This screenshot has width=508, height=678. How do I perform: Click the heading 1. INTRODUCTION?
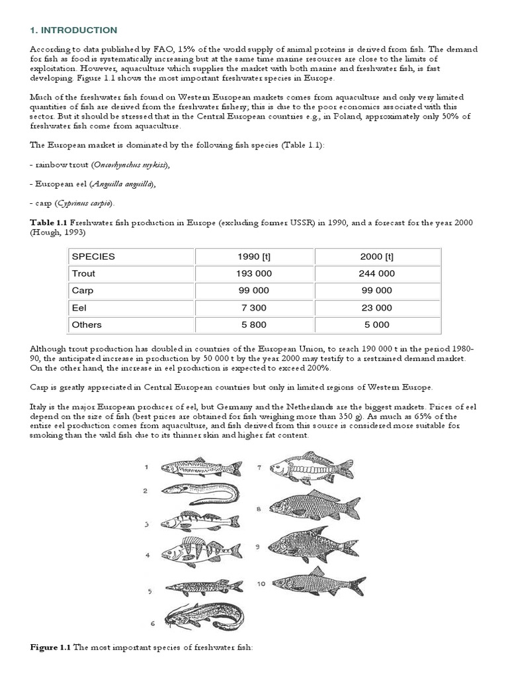tap(73, 30)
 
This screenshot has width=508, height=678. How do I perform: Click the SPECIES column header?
tap(93, 256)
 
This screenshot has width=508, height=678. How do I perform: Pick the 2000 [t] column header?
tap(376, 256)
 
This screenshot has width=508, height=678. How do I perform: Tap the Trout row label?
tap(83, 273)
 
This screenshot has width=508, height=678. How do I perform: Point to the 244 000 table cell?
tap(376, 273)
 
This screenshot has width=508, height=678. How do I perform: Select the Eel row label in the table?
tap(79, 308)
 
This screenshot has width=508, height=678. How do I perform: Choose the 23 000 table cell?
tap(376, 308)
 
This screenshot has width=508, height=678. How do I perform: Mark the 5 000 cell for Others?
tap(376, 325)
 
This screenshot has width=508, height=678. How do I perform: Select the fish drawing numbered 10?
tap(317, 582)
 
